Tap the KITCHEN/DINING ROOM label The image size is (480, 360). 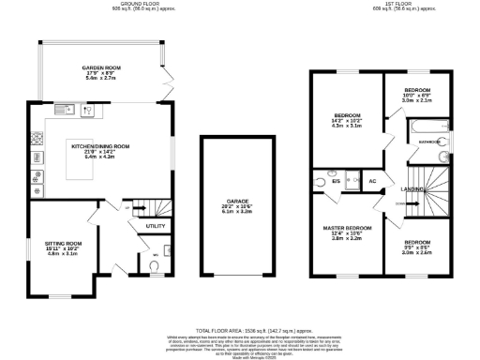pyautogui.click(x=100, y=146)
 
